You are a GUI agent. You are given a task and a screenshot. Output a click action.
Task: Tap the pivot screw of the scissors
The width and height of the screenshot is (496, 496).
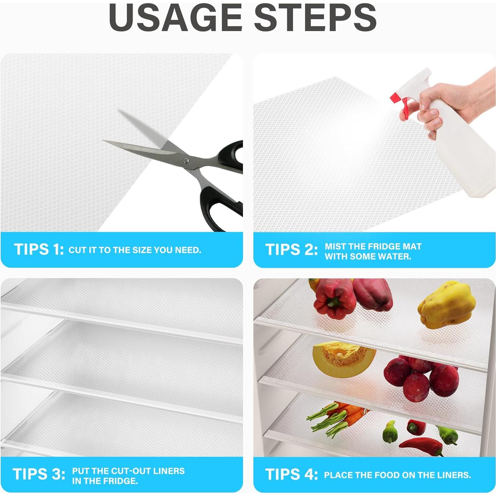point(186,161)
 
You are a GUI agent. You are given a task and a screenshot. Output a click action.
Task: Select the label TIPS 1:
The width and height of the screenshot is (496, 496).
point(39,249)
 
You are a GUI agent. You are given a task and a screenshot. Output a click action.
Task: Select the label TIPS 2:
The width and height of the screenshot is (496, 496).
point(291,250)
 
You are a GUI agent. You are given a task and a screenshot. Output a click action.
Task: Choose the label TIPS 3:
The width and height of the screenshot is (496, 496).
point(39,474)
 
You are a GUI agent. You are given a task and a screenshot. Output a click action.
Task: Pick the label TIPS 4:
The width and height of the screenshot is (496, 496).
point(291,474)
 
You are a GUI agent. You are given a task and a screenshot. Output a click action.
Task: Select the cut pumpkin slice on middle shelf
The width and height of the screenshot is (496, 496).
point(343,359)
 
